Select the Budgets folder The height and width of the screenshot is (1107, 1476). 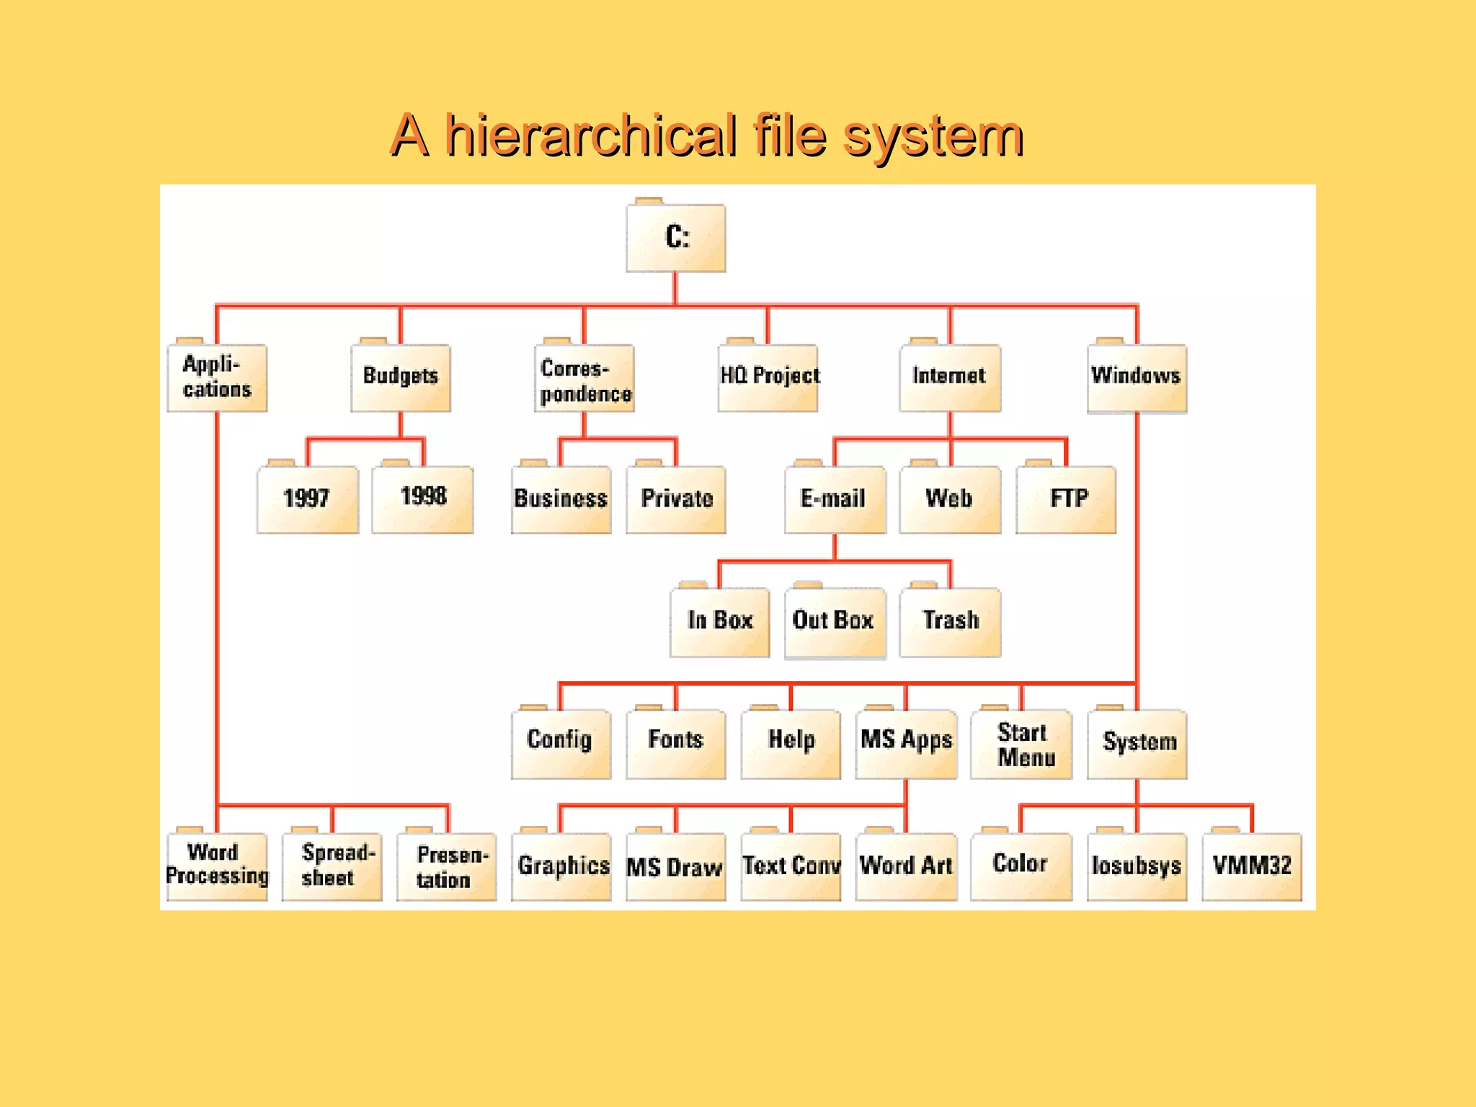tap(401, 377)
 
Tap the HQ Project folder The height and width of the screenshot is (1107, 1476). tap(768, 377)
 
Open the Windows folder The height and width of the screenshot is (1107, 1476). tap(1137, 377)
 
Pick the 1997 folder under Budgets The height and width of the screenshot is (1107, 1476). tap(308, 499)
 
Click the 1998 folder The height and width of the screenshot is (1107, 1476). tap(423, 499)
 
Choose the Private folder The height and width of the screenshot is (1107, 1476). tap(676, 499)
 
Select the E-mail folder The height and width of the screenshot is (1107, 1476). tap(835, 499)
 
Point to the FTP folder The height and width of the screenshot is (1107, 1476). tap(1067, 499)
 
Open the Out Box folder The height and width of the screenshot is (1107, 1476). tap(835, 621)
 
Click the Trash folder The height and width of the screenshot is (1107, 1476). tap(951, 621)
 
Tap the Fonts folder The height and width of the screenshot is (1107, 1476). tap(676, 742)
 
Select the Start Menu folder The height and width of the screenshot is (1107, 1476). tap(1022, 744)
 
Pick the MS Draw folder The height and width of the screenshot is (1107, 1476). tap(676, 866)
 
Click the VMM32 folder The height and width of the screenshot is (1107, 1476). tap(1252, 866)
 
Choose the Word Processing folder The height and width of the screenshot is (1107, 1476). tap(217, 865)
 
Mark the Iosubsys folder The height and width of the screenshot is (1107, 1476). tap(1137, 866)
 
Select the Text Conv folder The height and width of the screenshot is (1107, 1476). tap(791, 866)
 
